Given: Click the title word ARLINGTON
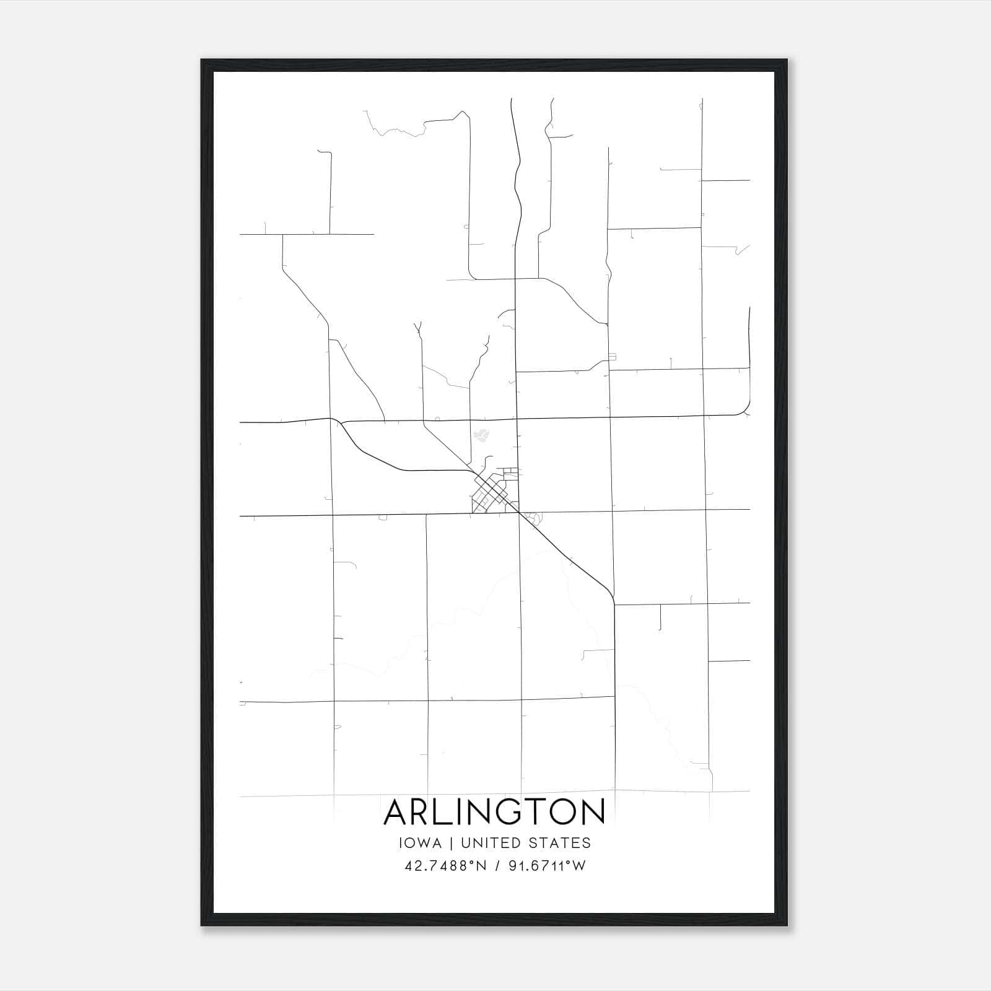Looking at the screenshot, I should pos(494,812).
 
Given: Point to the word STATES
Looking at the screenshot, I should pos(559,843).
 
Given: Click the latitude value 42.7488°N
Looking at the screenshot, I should pos(445,866).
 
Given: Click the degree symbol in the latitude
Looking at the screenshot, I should pos(472,863).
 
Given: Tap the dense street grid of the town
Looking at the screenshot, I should pos(490,495).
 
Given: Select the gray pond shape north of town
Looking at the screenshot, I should pos(480,435).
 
